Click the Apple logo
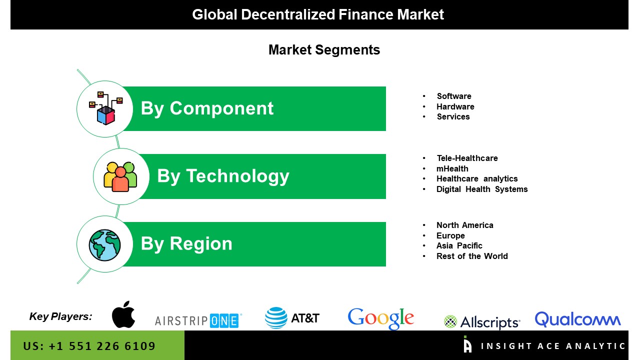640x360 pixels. click(123, 314)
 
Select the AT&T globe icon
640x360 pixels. click(276, 317)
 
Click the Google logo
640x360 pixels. click(381, 318)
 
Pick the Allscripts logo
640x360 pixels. click(482, 322)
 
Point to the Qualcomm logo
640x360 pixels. click(577, 319)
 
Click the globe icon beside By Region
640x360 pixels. click(104, 245)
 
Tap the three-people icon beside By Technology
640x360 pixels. click(120, 177)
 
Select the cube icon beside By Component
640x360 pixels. click(105, 108)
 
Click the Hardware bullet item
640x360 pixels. click(455, 106)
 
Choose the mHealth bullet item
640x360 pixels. click(452, 168)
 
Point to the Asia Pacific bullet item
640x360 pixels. click(459, 245)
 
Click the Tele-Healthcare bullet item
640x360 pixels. click(467, 158)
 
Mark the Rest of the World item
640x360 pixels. click(472, 256)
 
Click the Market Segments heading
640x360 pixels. click(324, 50)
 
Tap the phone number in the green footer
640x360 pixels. click(89, 346)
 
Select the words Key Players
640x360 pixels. click(60, 316)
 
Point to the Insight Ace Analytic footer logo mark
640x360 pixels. click(467, 344)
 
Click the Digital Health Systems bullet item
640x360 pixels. click(482, 189)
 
